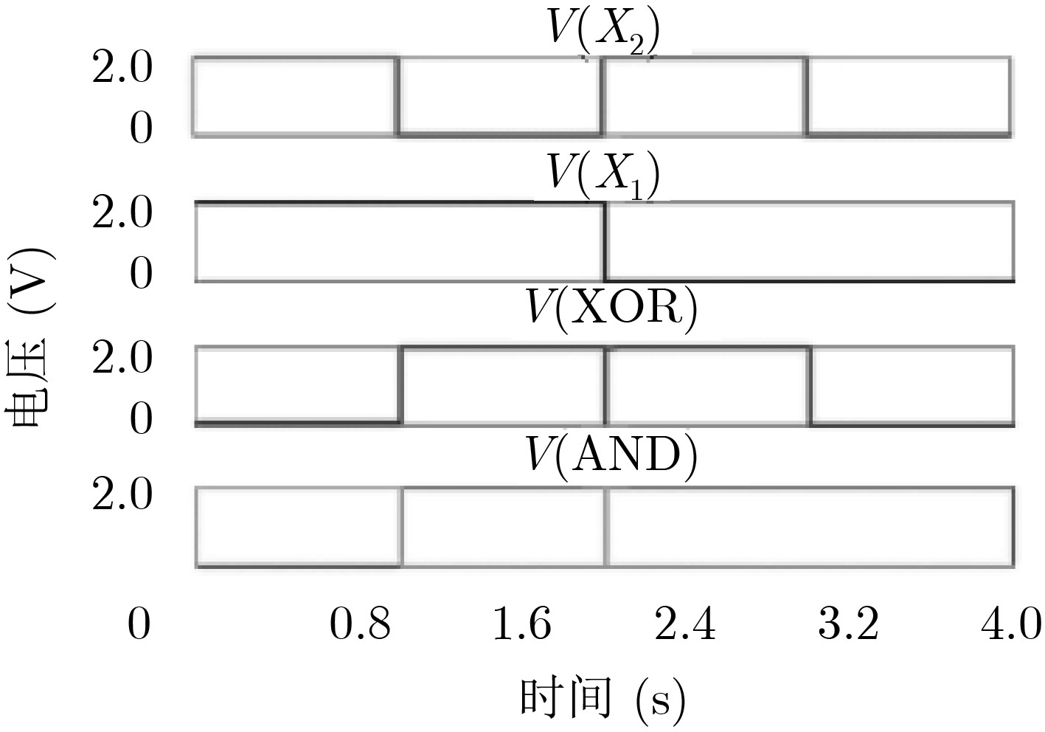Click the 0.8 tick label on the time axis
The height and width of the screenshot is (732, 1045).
coord(360,624)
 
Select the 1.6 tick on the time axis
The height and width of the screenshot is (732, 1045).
coord(522,624)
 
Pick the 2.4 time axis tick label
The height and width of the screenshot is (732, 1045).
coord(685,624)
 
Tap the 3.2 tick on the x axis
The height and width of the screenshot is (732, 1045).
coord(849,624)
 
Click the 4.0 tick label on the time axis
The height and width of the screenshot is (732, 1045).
coord(1011,624)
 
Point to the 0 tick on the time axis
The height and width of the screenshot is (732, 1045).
coord(139,624)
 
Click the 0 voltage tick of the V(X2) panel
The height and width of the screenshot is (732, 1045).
coord(141,128)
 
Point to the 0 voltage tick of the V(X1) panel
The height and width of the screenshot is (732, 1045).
coord(141,274)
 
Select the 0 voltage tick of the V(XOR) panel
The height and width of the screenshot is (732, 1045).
coord(141,418)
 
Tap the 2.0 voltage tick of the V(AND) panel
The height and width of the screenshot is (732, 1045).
coord(122,494)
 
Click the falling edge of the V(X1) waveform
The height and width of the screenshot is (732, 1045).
coord(605,241)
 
